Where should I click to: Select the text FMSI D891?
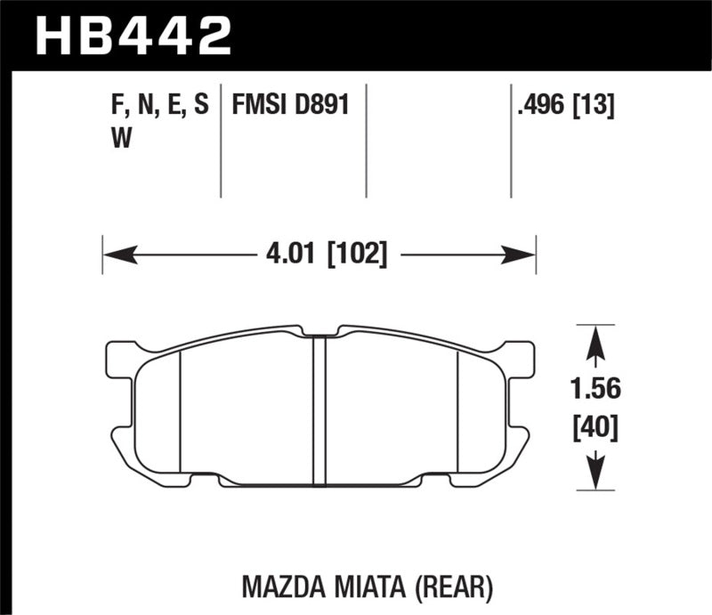[x=289, y=107]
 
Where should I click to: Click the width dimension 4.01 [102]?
[x=326, y=256]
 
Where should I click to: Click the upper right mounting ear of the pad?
[x=519, y=356]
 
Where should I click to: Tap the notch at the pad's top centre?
[x=320, y=331]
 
